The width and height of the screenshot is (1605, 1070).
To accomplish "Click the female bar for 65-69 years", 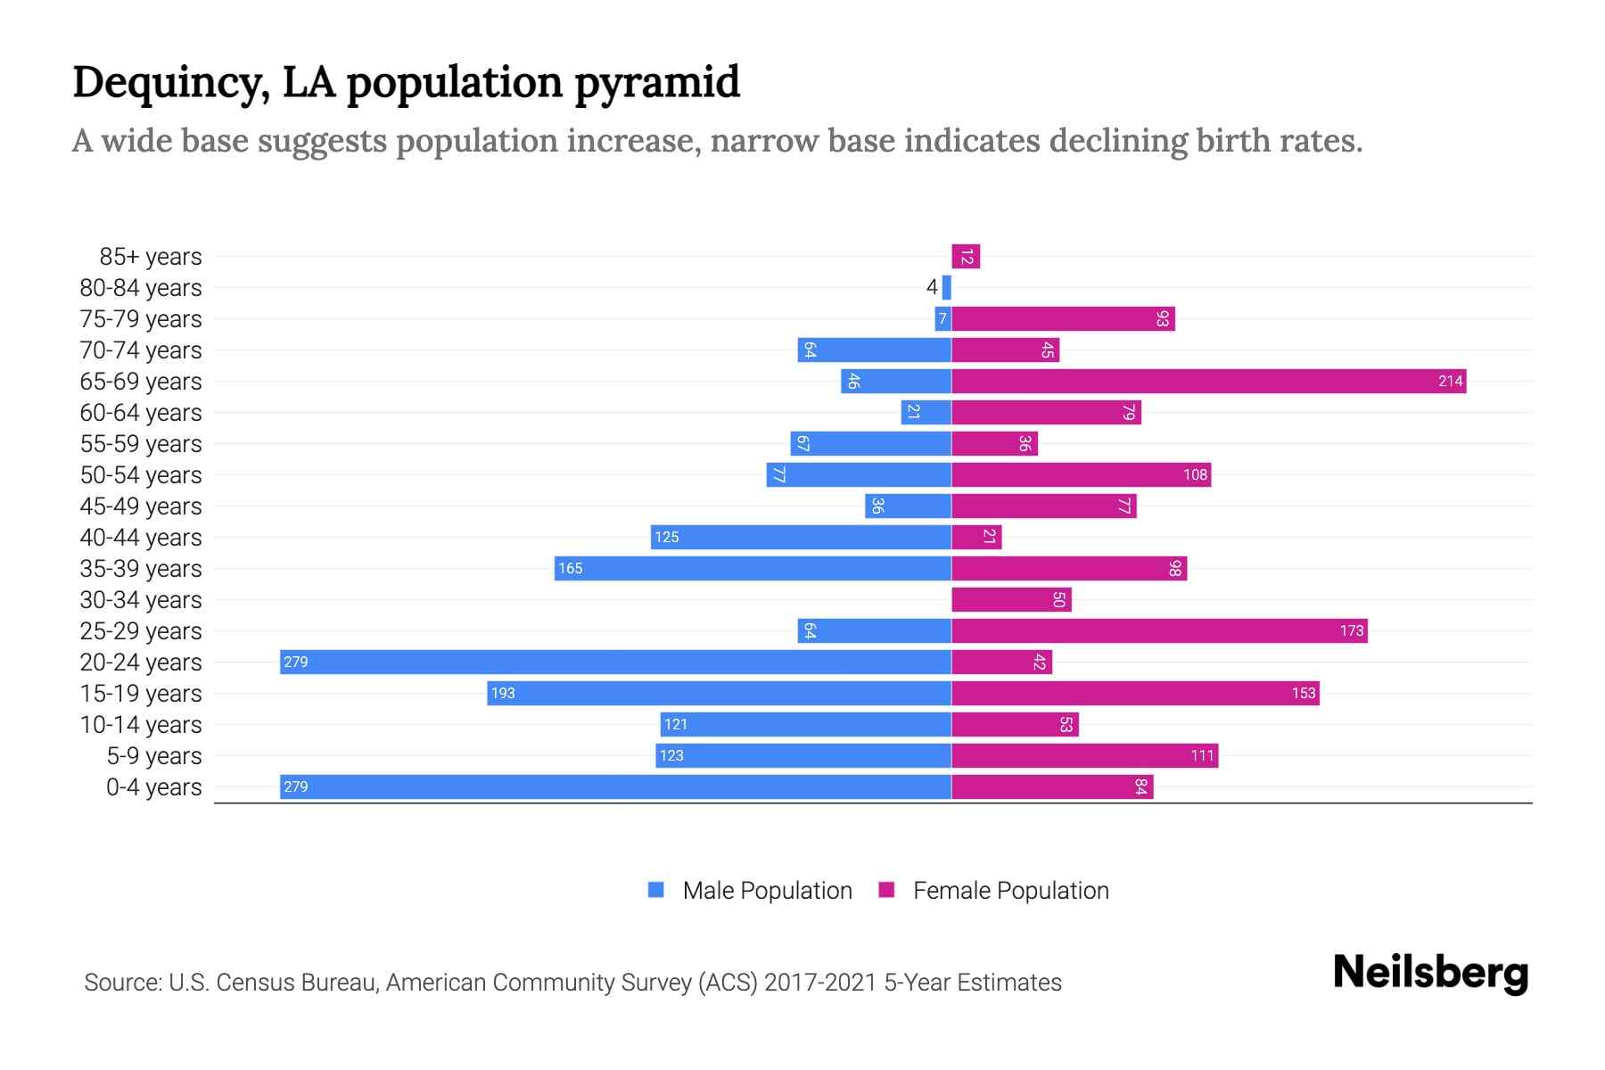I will tap(1208, 382).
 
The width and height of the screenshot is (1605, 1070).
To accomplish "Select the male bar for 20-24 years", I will tap(615, 663).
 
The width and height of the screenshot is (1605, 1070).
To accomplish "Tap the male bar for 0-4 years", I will tap(615, 787).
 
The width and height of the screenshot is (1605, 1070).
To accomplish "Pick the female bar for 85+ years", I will tap(966, 257).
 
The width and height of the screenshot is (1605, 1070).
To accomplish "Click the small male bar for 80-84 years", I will tap(947, 288).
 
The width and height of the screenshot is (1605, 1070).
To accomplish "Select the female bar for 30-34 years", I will tap(1011, 600).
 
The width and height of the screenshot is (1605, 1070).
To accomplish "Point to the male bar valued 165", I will tap(753, 569).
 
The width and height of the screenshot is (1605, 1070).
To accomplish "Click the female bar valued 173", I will tap(1159, 631).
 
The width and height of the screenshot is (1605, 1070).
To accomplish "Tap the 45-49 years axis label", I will tap(141, 506).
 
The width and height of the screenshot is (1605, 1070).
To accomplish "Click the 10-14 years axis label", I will tap(141, 725).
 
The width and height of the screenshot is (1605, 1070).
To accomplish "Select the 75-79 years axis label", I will tap(141, 319).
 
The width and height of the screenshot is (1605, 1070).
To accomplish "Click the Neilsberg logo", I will tap(1430, 973).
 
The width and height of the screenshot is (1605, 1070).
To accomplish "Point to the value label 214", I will tap(1450, 382).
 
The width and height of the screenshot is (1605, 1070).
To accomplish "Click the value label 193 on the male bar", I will tap(503, 694).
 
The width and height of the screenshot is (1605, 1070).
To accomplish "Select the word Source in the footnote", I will tap(121, 983).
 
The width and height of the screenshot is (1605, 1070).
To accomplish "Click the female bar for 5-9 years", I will tap(1084, 756).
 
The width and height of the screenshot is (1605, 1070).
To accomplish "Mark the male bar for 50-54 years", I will tap(859, 475).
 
